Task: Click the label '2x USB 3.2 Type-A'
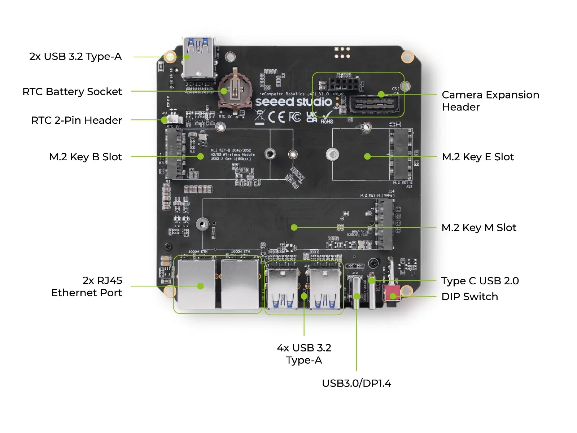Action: (x=75, y=57)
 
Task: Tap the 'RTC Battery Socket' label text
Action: (x=72, y=92)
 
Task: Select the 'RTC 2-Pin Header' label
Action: (x=77, y=121)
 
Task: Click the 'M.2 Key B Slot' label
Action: (x=86, y=157)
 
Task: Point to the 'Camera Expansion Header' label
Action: (x=490, y=101)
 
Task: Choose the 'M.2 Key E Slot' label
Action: (x=477, y=157)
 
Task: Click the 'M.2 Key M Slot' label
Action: (x=478, y=228)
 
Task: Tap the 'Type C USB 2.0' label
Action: (x=480, y=281)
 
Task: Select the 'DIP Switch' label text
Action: (x=469, y=297)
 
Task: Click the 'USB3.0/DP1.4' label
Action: (x=356, y=383)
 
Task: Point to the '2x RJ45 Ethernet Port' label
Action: (x=87, y=287)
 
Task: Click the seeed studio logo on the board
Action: (x=293, y=102)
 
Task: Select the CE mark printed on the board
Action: (x=276, y=117)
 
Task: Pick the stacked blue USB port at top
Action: (x=198, y=58)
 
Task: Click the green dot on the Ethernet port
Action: (x=201, y=286)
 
